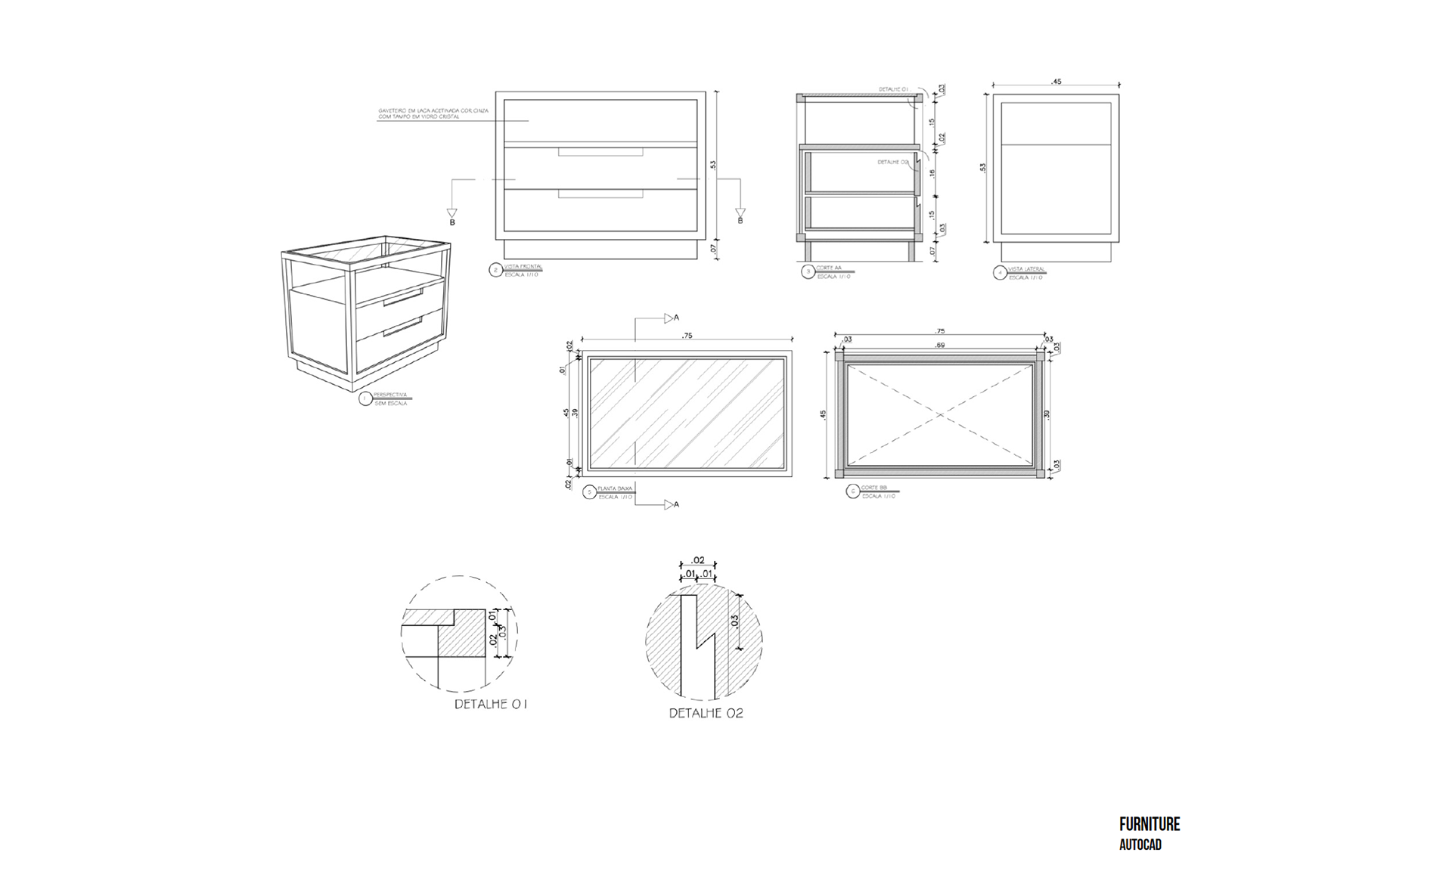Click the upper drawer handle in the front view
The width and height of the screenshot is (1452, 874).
(600, 153)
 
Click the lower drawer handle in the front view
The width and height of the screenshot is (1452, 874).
(600, 194)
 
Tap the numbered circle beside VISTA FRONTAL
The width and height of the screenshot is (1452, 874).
(496, 270)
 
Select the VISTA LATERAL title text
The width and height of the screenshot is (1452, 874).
(1026, 269)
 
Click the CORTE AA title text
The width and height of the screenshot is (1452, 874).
(828, 268)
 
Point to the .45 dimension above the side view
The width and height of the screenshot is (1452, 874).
(1056, 82)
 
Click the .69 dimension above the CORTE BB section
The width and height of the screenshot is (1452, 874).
(940, 346)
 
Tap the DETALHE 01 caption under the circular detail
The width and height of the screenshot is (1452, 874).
(490, 704)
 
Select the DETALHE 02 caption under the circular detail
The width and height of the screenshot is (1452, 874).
(706, 713)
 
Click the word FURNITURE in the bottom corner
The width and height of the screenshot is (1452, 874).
(1149, 824)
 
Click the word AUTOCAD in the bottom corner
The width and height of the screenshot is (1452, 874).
(1140, 845)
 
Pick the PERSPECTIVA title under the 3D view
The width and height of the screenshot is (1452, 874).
(390, 395)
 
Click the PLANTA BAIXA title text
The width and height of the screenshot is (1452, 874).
(614, 488)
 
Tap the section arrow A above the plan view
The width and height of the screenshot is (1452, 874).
(670, 318)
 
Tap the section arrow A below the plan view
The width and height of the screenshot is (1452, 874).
(670, 504)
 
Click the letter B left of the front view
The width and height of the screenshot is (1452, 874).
(452, 222)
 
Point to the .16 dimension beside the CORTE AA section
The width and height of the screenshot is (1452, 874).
(932, 173)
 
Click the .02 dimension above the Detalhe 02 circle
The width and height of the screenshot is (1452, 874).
(698, 560)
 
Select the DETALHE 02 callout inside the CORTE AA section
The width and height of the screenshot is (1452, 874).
(892, 162)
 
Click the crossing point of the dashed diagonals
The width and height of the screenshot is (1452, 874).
(941, 414)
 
